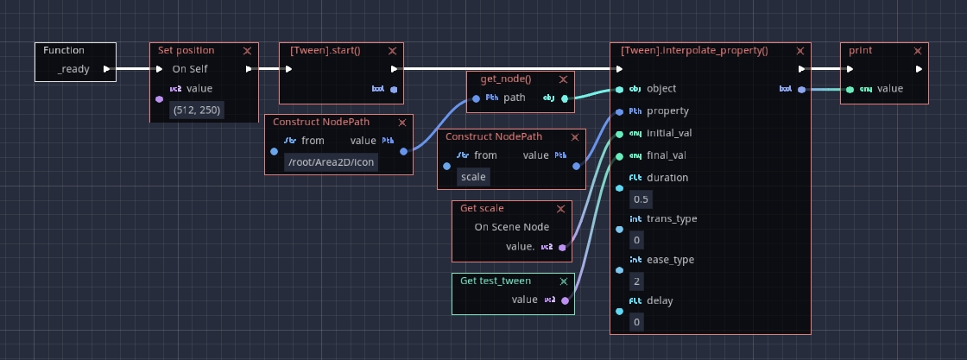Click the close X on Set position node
[x=247, y=51]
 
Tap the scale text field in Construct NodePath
[x=474, y=177]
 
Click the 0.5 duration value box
[x=641, y=199]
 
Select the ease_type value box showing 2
[x=637, y=281]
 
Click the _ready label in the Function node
[x=73, y=69]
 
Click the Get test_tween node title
[x=495, y=281]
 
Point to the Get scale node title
[x=482, y=208]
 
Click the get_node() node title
[x=506, y=79]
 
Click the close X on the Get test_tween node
[x=563, y=281]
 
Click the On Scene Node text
[x=511, y=227]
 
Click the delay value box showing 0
[x=637, y=322]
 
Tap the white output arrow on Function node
[x=106, y=69]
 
